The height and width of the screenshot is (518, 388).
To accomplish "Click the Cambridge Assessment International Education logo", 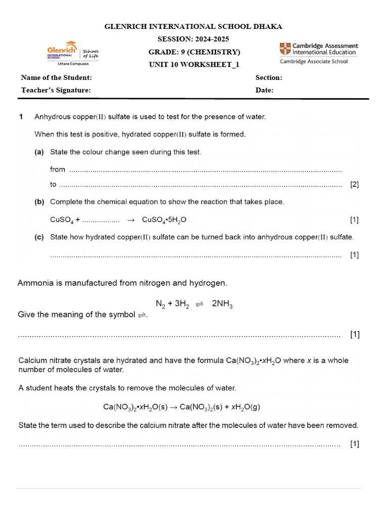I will (x=318, y=49).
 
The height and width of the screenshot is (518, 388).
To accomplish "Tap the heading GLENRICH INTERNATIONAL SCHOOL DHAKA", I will (x=193, y=26).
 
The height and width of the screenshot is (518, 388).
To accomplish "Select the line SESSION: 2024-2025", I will (x=193, y=39).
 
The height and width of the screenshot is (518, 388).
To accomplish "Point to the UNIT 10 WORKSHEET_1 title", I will (x=193, y=64).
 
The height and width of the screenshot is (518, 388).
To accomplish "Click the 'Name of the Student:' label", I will (x=57, y=77).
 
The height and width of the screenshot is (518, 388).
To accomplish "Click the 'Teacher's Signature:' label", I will (x=56, y=90).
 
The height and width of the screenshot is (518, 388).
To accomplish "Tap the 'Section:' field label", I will (x=269, y=77).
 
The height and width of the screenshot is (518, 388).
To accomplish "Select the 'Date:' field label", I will (x=265, y=90).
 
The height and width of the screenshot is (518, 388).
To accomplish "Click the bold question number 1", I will (x=21, y=117).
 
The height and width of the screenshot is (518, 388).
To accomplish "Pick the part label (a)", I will (x=39, y=152).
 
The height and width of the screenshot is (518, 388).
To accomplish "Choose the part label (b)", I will (x=39, y=202).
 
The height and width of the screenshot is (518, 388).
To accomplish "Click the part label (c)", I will (x=39, y=237).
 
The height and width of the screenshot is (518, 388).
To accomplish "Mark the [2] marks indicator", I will (x=354, y=185).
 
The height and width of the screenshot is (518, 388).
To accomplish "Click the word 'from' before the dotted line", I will (x=58, y=169).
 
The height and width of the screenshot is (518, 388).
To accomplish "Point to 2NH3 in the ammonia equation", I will (x=222, y=304).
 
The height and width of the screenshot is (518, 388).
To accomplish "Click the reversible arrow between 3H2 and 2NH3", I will (x=199, y=304).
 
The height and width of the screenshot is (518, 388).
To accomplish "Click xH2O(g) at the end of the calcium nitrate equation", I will (x=244, y=407).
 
